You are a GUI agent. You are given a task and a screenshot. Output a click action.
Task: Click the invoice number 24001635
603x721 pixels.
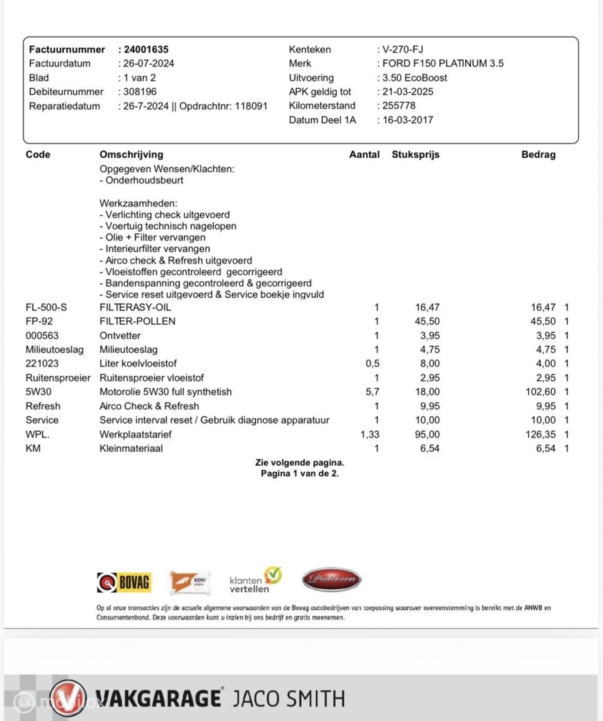[146, 49]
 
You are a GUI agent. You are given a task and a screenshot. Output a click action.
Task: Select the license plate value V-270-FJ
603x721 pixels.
[403, 49]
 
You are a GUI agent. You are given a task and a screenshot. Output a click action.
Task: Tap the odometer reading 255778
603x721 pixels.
[399, 106]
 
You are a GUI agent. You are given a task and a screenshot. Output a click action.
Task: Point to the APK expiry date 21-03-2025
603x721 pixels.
[407, 92]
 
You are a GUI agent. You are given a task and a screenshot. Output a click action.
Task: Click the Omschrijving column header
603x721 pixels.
[131, 155]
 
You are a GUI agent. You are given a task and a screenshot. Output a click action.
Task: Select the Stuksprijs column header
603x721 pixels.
[415, 155]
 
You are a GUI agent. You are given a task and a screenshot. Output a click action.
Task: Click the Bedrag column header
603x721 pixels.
[538, 155]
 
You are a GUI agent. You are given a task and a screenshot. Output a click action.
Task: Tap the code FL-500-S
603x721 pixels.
[46, 307]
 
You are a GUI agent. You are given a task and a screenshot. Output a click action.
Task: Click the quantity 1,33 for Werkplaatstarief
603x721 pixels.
[370, 435]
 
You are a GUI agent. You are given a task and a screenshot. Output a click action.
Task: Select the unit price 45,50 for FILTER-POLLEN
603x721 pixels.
[427, 321]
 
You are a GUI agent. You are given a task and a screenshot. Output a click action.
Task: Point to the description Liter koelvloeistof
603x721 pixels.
[138, 363]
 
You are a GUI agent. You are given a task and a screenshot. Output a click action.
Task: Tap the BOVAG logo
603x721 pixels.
[124, 582]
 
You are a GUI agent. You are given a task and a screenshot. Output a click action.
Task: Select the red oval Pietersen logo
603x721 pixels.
[331, 579]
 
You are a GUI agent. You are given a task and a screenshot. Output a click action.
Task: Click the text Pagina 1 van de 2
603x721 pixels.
[300, 473]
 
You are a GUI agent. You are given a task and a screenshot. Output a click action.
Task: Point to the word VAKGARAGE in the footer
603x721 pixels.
[157, 699]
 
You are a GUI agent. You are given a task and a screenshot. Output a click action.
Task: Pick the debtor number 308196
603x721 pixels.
[140, 92]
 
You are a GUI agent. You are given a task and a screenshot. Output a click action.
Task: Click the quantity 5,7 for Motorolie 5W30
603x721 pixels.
[372, 392]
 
